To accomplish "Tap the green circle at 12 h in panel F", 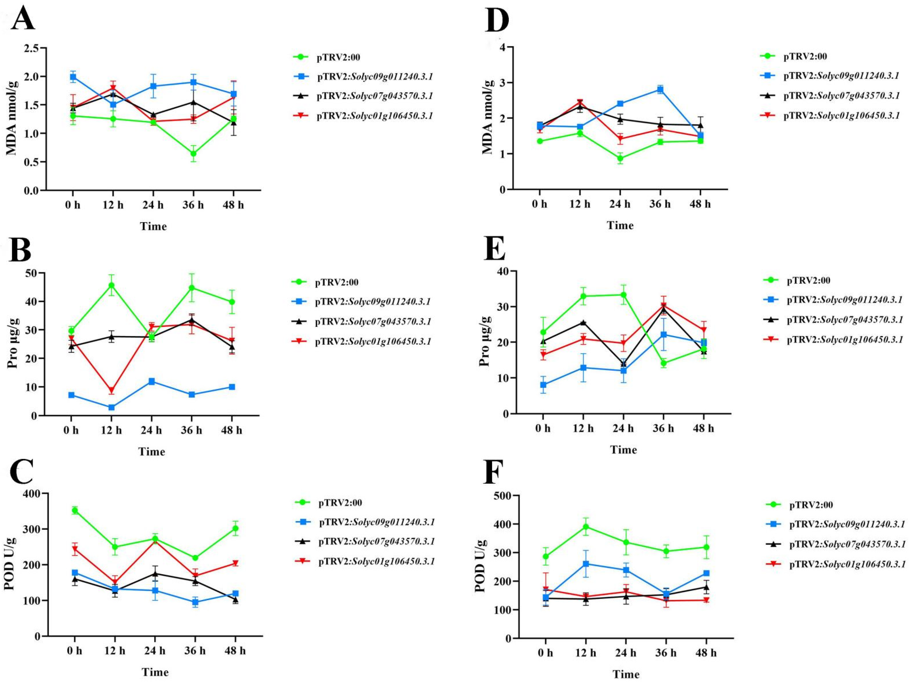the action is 585,527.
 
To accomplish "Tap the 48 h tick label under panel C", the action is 235,651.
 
